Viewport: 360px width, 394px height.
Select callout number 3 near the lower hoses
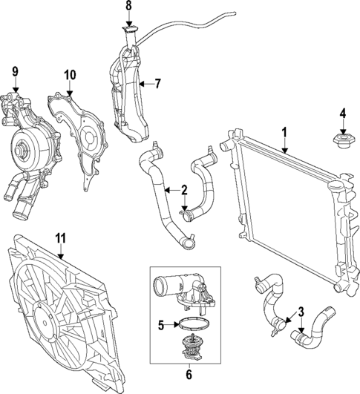(x=301, y=311)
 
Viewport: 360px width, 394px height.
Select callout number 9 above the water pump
(x=14, y=73)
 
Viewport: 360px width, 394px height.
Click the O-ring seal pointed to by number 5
(x=190, y=323)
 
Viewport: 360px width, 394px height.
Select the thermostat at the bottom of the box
(x=191, y=345)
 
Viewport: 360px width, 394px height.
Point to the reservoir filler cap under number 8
(x=130, y=32)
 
